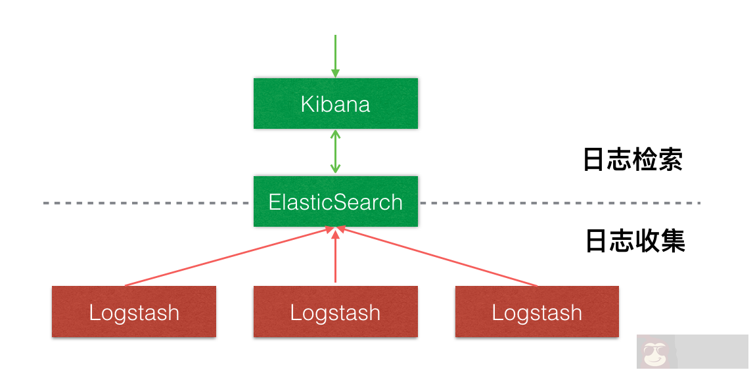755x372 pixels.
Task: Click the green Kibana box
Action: point(335,103)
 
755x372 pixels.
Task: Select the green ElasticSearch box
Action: point(335,201)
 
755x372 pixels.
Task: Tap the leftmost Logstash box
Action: point(134,312)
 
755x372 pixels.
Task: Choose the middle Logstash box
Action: point(335,312)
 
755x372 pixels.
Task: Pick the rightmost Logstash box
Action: point(537,312)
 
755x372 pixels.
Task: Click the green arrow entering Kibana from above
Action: point(335,56)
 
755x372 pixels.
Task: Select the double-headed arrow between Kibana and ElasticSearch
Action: point(335,152)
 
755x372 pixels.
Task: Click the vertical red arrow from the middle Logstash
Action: point(335,256)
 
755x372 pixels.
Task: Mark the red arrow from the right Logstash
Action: point(440,257)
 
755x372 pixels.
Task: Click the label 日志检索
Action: point(633,160)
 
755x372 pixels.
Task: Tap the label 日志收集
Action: point(635,241)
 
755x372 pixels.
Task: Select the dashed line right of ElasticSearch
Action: point(559,203)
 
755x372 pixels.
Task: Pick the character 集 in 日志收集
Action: point(673,241)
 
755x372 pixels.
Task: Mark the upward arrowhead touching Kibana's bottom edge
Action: point(335,133)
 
